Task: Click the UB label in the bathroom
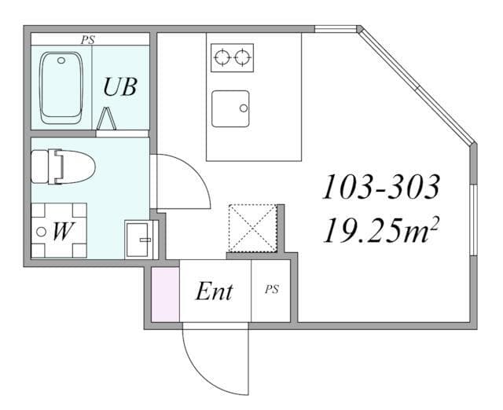[120, 86]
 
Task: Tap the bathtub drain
[61, 60]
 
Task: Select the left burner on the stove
[222, 57]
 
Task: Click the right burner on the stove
[242, 57]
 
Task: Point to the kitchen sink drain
[244, 108]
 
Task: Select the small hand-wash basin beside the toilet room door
[138, 240]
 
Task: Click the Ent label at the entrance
[215, 291]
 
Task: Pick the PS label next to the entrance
[271, 290]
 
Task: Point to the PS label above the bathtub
[87, 40]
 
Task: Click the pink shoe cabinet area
[165, 295]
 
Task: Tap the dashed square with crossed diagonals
[253, 228]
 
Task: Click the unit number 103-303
[380, 187]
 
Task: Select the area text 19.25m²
[380, 229]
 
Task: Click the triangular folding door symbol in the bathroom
[106, 119]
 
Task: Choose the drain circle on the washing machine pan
[41, 232]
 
